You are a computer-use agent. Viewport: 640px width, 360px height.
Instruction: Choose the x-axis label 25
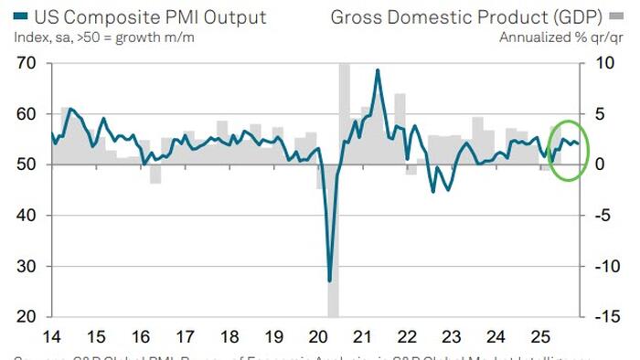554,335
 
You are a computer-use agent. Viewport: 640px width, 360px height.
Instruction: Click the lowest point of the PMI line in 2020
329,281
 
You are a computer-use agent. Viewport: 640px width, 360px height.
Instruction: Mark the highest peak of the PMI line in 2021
378,70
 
